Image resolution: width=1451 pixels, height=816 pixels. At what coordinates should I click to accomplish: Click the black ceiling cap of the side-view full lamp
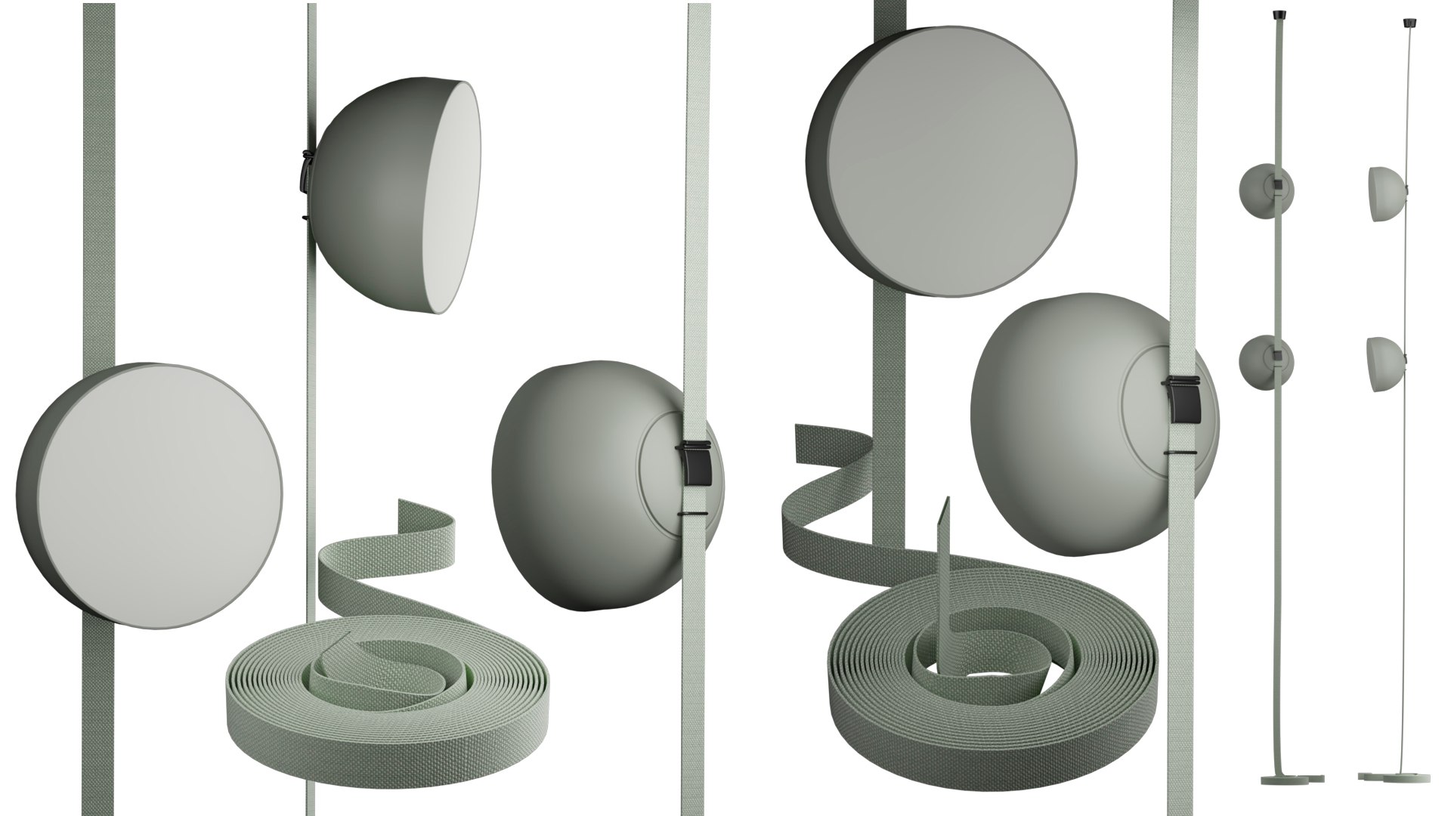coord(1407,22)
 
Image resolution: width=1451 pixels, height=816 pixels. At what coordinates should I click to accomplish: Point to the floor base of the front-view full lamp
coord(1293,799)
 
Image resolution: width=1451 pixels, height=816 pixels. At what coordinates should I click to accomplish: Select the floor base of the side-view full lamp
coord(1394,799)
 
